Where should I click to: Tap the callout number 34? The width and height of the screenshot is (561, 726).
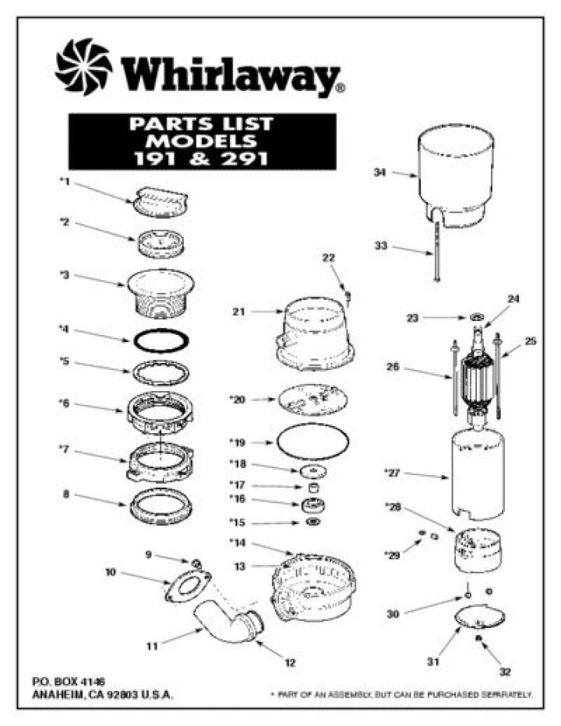point(379,173)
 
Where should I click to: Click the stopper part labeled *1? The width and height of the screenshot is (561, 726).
point(163,201)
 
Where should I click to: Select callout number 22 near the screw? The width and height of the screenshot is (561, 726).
point(328,258)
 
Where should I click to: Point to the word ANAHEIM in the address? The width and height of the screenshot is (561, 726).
point(61,695)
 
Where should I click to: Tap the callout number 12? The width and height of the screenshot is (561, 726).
point(290,663)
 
